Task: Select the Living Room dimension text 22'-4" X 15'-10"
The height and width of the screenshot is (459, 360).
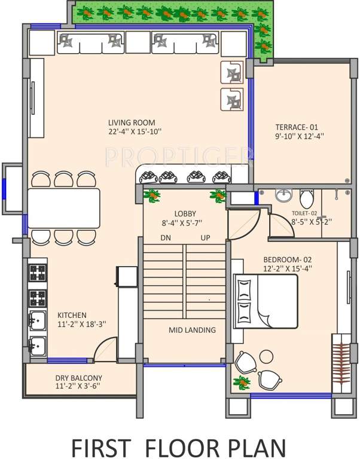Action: pos(135,131)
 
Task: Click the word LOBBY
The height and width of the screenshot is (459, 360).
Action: pos(185,213)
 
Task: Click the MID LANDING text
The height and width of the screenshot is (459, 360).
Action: pos(192,329)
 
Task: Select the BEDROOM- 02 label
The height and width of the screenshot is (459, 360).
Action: pos(287,260)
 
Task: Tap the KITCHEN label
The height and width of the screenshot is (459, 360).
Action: pos(72,315)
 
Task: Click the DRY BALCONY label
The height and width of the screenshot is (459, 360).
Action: pos(79,378)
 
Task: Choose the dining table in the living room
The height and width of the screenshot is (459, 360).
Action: pos(64,207)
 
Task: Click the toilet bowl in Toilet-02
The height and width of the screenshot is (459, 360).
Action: pos(307,198)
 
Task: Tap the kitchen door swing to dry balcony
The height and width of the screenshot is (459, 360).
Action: pos(105,350)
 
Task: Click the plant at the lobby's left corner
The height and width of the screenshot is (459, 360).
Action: pos(153,195)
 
